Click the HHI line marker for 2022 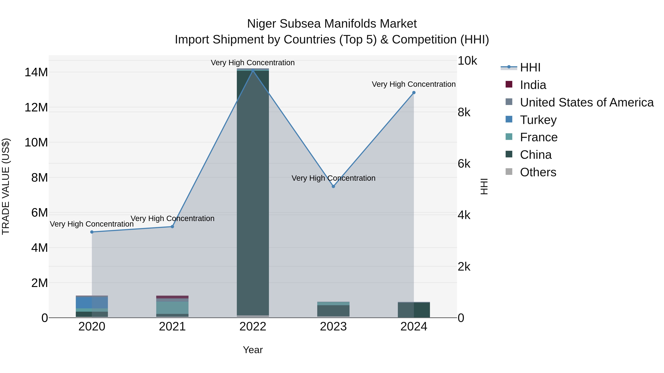click(253, 71)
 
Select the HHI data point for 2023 click(333, 186)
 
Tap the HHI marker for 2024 click(414, 93)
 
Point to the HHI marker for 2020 click(92, 232)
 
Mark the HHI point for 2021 click(172, 227)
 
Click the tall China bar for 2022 click(253, 193)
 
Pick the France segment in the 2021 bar click(172, 308)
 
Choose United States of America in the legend click(586, 102)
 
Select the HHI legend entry click(530, 67)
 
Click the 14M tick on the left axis click(36, 72)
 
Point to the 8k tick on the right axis click(464, 112)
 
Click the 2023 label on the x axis click(333, 327)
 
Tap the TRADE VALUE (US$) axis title click(6, 186)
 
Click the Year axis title click(253, 350)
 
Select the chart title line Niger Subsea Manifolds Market click(332, 24)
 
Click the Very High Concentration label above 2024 click(414, 84)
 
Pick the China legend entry click(535, 155)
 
